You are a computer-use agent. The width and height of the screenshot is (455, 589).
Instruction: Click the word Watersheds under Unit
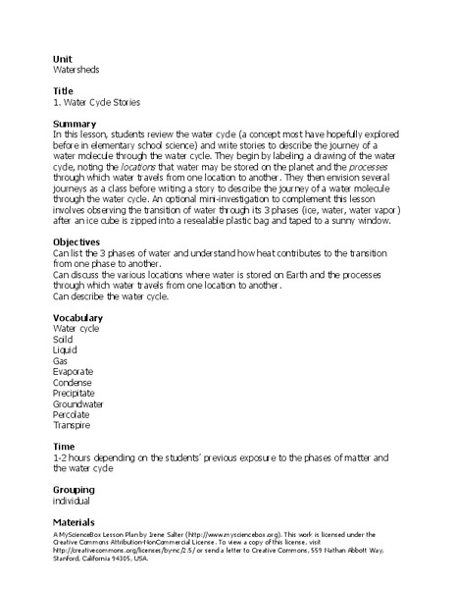[76, 71]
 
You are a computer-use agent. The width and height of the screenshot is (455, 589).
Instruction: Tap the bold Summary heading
[75, 124]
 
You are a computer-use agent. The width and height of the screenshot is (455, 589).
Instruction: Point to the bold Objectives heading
[77, 241]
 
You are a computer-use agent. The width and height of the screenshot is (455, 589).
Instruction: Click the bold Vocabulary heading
[78, 317]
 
